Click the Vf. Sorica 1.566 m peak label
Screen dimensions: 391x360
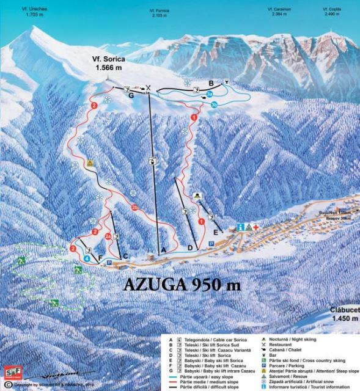112,65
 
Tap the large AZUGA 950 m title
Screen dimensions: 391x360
182,284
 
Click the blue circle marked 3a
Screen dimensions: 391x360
209,95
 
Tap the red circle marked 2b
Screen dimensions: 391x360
134,208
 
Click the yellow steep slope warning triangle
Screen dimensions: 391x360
90,163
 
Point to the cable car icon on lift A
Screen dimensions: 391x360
152,161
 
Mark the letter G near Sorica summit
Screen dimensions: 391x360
131,96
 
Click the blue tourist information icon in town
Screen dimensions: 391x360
241,227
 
